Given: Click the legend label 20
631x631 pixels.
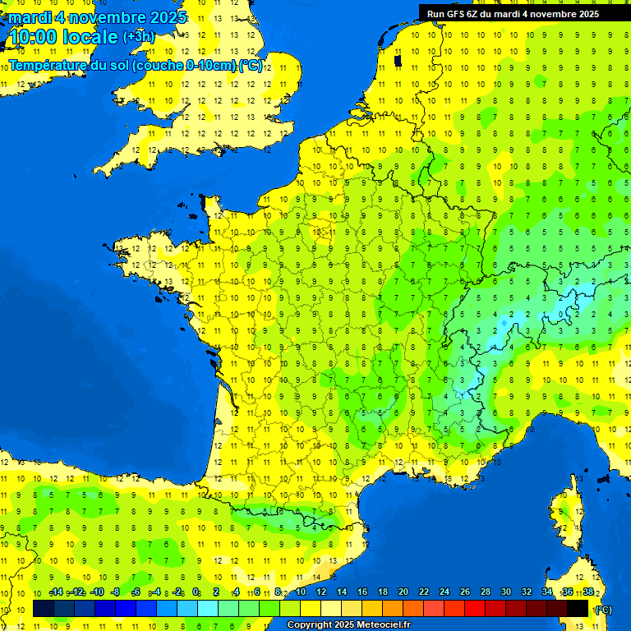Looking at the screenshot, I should [403, 592].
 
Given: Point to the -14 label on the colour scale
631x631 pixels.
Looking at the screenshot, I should [57, 592].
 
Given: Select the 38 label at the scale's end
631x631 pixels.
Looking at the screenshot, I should [588, 592].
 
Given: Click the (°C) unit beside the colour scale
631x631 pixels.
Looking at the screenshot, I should [603, 610].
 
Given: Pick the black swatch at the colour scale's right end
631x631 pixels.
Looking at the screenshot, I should [578, 608].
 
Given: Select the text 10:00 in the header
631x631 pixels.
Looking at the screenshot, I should [33, 37].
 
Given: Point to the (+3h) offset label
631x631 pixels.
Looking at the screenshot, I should [138, 37].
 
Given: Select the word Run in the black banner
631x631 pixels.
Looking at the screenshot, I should [436, 14].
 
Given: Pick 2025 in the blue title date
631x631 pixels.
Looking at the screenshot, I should [168, 17].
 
